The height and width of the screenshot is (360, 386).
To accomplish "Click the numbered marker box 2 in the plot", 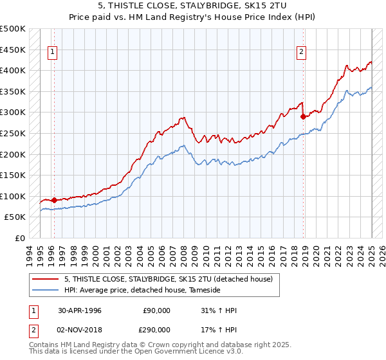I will click(x=301, y=53).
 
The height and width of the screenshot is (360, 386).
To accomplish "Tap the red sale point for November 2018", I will click(x=303, y=116).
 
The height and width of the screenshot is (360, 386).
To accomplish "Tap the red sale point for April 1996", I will click(x=54, y=200).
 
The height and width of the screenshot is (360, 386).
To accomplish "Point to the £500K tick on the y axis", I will click(x=13, y=29).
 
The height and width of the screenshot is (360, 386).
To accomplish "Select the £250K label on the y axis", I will click(x=13, y=133).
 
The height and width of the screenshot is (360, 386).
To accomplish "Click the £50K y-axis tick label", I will click(x=15, y=217).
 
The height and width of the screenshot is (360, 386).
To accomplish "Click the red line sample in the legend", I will click(x=46, y=279).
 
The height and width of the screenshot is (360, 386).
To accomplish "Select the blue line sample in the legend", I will click(x=46, y=290).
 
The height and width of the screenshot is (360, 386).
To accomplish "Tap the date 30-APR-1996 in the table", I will click(x=79, y=310).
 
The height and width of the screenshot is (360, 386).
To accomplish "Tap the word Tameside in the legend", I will click(x=204, y=290).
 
